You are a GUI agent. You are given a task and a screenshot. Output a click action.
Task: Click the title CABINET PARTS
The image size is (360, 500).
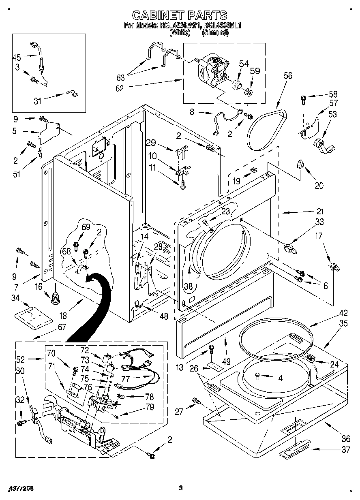point(180,15)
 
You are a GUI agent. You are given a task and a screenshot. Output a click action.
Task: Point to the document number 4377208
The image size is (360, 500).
point(20,488)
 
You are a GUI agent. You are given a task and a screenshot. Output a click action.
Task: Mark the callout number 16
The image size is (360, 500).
point(39,287)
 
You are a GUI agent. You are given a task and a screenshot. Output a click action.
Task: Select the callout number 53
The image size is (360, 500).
point(332,114)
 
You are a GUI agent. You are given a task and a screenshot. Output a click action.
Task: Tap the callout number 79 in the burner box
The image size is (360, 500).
point(150,407)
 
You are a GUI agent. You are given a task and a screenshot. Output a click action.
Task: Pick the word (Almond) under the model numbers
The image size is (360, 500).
point(215,34)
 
